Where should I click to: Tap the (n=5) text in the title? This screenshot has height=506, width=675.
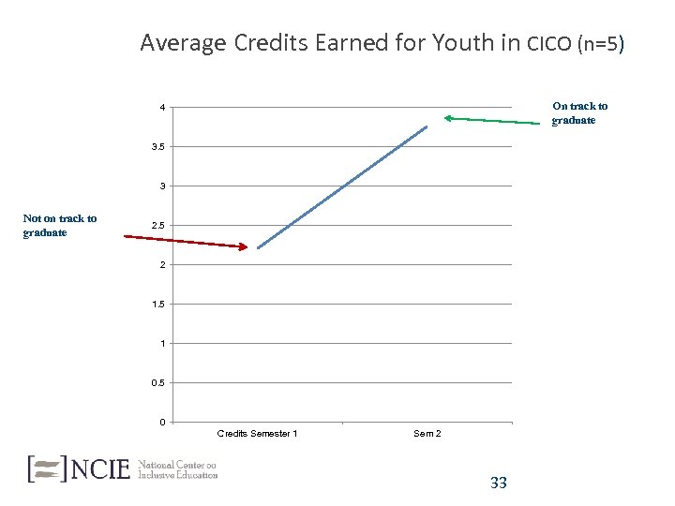(601, 43)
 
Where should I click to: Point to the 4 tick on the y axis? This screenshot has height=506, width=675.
(162, 108)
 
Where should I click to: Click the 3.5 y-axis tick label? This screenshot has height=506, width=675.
(160, 147)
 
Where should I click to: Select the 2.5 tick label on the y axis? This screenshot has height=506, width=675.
(160, 226)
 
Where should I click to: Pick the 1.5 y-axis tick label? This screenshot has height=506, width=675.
(160, 305)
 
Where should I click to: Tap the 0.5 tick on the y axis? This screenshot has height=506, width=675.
(160, 383)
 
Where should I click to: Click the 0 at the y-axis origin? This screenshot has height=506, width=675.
(162, 422)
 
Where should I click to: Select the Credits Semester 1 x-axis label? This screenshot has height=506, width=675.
(257, 433)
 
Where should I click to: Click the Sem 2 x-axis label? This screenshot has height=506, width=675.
(427, 433)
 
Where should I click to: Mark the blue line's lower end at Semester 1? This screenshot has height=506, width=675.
(257, 248)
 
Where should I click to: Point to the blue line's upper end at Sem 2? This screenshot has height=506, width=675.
(427, 126)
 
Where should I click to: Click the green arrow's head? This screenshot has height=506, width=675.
(447, 118)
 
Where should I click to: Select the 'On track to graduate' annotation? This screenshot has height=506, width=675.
(579, 113)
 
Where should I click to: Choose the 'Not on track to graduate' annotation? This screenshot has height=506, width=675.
(60, 226)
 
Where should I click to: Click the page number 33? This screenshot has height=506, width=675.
(499, 483)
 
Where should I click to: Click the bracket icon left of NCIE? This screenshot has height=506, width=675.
(48, 468)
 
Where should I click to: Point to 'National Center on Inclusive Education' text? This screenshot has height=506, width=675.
(178, 469)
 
